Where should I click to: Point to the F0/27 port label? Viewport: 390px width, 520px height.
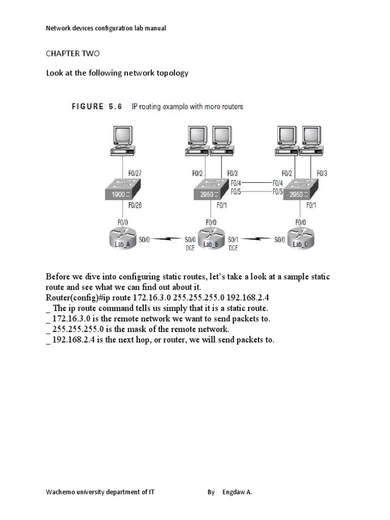[x=135, y=173]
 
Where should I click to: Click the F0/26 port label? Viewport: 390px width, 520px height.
[x=135, y=206]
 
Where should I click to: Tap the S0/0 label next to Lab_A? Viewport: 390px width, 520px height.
[x=144, y=239]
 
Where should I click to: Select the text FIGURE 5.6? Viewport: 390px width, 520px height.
[x=96, y=107]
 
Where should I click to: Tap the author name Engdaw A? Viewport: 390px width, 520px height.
[x=237, y=492]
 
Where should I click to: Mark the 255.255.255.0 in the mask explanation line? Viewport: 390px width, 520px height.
[x=75, y=329]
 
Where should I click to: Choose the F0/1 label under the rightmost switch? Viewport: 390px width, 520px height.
[x=311, y=206]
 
